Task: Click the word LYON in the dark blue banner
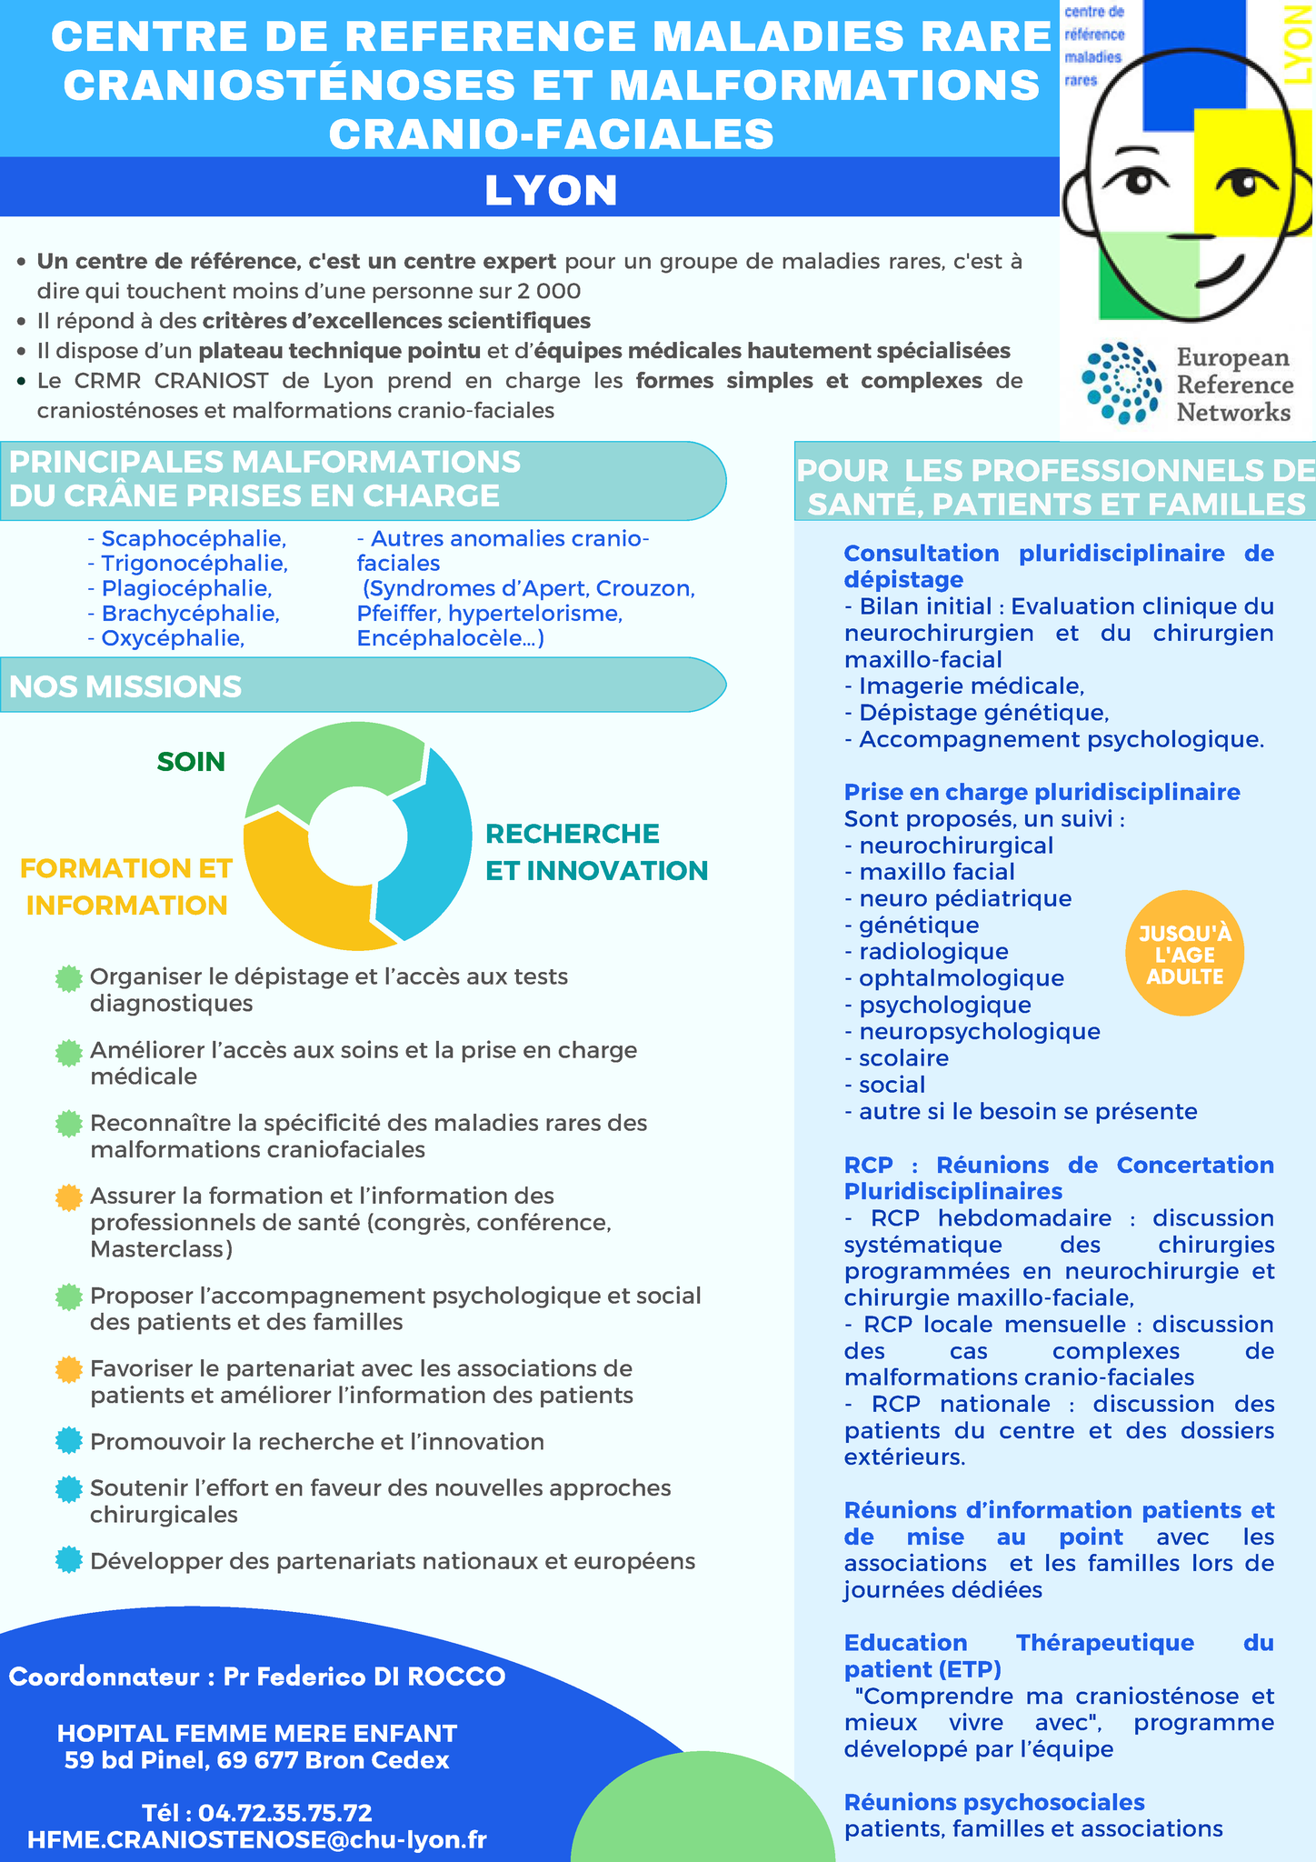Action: (x=551, y=191)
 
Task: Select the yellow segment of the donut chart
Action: (x=300, y=896)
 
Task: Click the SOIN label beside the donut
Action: (x=191, y=762)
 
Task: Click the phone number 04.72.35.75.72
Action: (x=284, y=1813)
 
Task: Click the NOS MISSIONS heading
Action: (x=125, y=686)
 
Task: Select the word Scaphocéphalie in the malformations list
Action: (x=194, y=539)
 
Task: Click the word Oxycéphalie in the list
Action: (x=173, y=638)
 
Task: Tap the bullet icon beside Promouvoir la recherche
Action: (x=68, y=1441)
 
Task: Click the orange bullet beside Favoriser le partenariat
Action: (x=68, y=1369)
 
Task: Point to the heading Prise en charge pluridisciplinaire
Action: (x=1042, y=792)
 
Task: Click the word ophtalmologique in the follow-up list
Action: (x=962, y=978)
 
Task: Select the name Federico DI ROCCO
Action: (x=382, y=1677)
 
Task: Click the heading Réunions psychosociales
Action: (x=994, y=1802)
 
